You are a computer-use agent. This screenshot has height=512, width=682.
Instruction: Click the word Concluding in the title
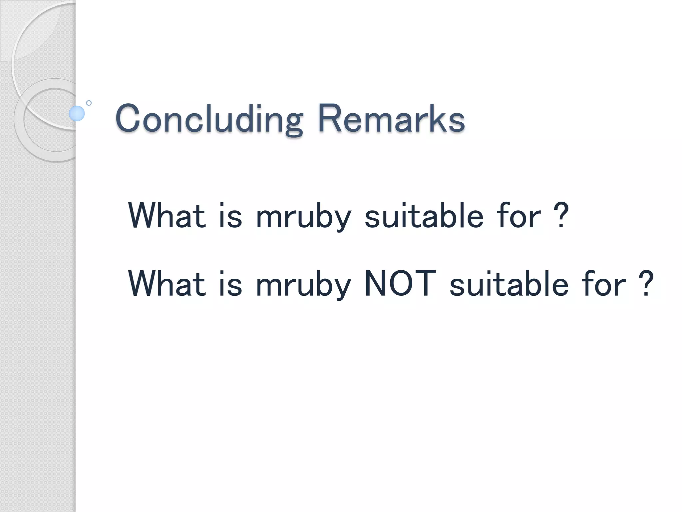(209, 119)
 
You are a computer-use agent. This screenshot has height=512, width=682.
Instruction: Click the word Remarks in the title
(391, 118)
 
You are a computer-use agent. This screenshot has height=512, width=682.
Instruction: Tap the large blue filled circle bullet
(77, 113)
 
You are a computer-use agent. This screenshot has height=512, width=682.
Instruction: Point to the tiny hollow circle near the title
(89, 103)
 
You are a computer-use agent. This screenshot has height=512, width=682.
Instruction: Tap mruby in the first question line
(303, 217)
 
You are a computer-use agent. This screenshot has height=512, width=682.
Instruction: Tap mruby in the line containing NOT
(303, 285)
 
